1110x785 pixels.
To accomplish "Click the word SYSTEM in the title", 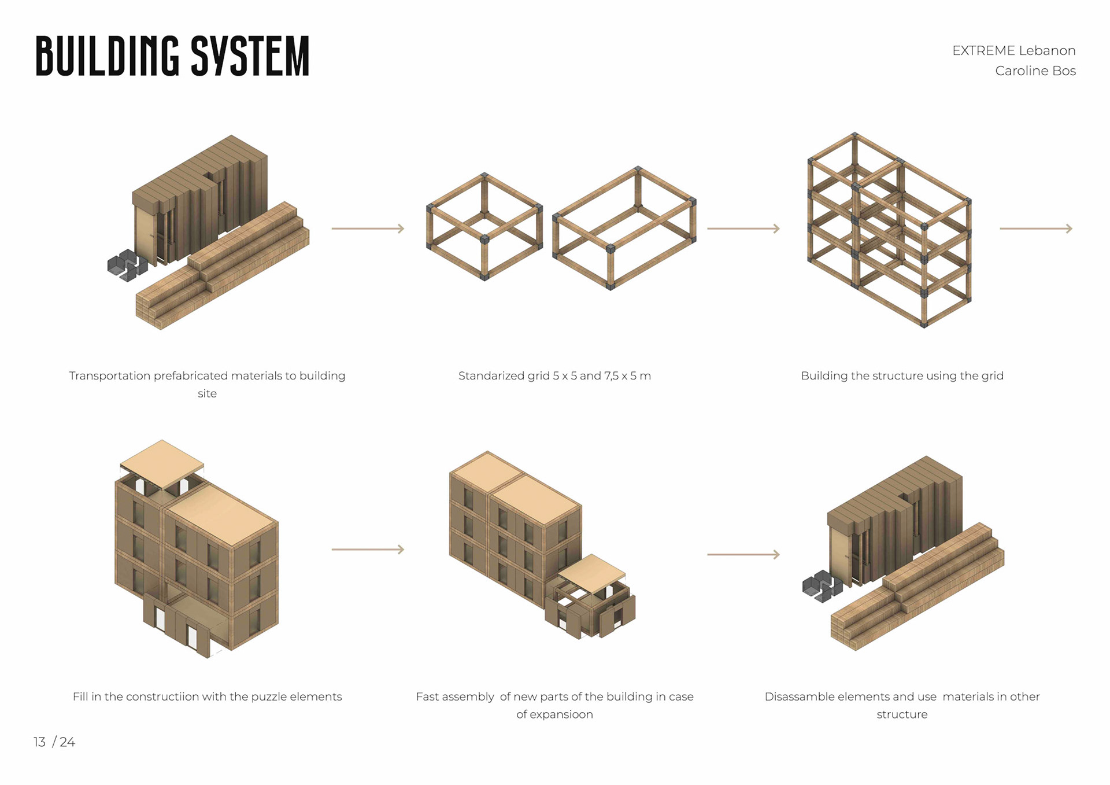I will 250,56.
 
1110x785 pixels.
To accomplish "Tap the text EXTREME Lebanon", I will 1013,51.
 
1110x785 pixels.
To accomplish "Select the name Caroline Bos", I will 1035,71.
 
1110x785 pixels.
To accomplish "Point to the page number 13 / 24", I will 54,742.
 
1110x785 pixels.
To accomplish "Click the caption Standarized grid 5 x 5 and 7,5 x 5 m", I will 554,376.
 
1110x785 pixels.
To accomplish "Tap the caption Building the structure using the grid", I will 902,376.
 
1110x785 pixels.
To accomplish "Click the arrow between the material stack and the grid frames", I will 368,229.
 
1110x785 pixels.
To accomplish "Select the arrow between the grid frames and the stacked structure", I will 743,229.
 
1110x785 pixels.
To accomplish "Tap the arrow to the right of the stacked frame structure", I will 1036,229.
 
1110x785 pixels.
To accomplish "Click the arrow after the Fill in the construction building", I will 368,550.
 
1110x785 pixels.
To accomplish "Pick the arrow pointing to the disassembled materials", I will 743,555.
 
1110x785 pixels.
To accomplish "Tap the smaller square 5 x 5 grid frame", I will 484,227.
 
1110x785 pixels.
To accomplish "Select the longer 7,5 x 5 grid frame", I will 624,229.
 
